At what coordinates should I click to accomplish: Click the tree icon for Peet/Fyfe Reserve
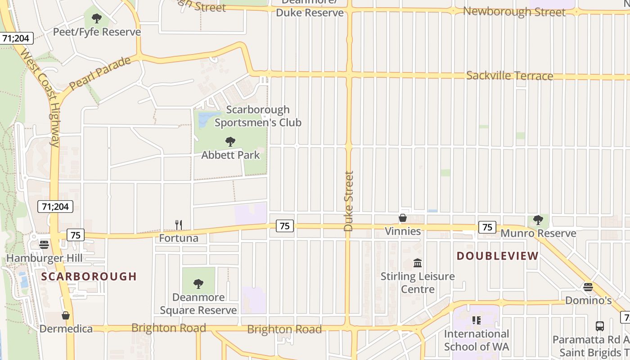coord(96,18)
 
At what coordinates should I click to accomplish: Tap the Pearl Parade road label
coord(100,73)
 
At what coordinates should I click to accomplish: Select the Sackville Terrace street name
coord(509,76)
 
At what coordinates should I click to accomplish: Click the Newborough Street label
coord(514,12)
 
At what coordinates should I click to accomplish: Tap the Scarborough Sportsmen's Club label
coord(258,116)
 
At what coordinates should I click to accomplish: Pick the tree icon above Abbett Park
coord(230,142)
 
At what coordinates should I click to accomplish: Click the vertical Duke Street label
coord(349,201)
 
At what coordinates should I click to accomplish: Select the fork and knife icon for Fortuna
coord(179,225)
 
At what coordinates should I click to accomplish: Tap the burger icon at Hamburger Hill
coord(44,244)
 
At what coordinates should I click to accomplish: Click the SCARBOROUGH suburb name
coord(89,276)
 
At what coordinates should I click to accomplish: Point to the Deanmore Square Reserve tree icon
coord(198,283)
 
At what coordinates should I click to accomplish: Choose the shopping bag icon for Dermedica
coord(66,315)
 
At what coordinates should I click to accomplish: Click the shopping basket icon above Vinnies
coord(403,218)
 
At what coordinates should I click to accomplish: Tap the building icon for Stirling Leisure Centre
coord(418,263)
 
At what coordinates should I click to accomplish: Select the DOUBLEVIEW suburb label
coord(497,256)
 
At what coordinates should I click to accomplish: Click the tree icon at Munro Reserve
coord(538,220)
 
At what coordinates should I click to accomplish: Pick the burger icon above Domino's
coord(588,287)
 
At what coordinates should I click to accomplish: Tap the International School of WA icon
coord(476,320)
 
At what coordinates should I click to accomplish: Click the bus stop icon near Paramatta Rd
coord(599,326)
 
